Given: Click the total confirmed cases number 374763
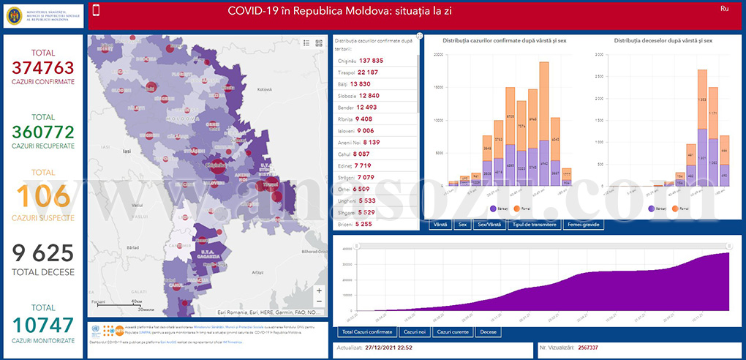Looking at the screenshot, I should [44, 68].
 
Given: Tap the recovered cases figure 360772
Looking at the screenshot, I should [44, 132].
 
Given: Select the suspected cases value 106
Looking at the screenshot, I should [44, 196].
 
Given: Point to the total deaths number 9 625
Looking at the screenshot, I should [44, 254].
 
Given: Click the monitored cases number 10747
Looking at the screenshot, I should [44, 324].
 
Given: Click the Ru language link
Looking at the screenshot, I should [724, 9].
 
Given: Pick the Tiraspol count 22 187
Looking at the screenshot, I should [379, 73].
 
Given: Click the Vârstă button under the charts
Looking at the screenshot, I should [440, 225].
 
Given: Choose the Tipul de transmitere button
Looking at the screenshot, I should [535, 225].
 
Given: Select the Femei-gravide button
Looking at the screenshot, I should [584, 225].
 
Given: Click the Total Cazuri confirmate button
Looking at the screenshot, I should [365, 332].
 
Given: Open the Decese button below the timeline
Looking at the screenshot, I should [488, 332].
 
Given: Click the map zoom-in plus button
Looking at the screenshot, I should [319, 290].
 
